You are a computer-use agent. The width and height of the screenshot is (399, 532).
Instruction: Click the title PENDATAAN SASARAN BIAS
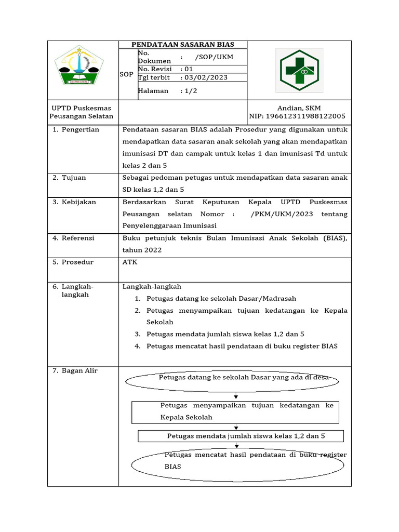pos(183,45)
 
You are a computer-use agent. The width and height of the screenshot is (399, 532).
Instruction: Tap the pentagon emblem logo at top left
pos(79,66)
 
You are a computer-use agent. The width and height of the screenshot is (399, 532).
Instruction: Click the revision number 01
pos(189,69)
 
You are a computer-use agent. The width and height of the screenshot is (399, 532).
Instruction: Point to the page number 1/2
pos(189,90)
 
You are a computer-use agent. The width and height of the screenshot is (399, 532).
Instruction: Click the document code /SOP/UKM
pos(214,57)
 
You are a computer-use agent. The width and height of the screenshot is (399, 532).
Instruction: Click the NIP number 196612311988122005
pos(297,116)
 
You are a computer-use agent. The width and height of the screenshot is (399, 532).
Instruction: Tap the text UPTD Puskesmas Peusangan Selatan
pos(81,112)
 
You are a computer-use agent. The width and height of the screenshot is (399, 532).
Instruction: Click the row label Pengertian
pos(80,129)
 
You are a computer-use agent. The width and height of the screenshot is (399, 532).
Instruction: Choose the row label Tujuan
pos(74,178)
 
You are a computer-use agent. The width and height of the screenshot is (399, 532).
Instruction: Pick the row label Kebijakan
pos(78,202)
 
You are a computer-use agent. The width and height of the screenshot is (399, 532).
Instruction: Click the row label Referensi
pos(78,238)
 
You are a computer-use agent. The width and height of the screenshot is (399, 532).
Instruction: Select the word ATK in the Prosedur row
pos(130,262)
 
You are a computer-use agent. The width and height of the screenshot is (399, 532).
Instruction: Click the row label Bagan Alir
pos(79,370)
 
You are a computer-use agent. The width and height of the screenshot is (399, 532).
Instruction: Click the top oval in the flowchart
pos(232,381)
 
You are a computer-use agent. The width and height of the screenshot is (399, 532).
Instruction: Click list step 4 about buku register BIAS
pos(242,346)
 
